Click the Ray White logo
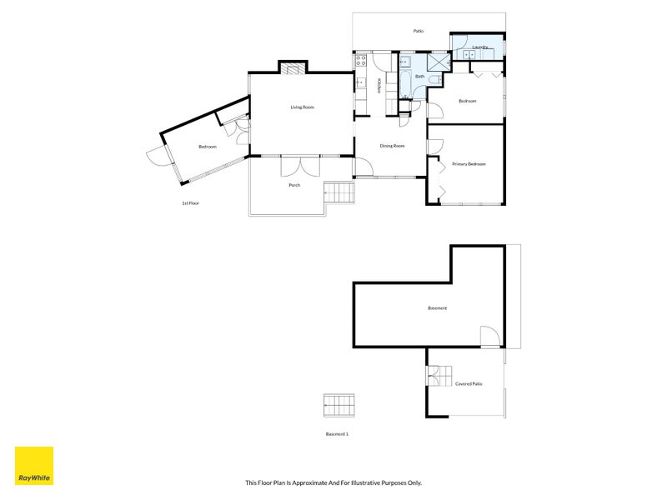click(34, 466)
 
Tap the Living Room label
click(303, 107)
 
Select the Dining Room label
click(392, 146)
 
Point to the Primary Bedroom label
click(469, 163)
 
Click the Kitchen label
click(378, 86)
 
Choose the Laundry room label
click(480, 47)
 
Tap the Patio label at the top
click(419, 31)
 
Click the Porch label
click(294, 185)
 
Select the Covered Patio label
click(469, 383)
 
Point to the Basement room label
click(437, 307)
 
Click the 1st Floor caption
click(191, 203)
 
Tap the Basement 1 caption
click(337, 434)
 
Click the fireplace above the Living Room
click(293, 69)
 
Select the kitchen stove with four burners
click(361, 60)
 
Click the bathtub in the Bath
click(405, 84)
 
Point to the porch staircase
click(339, 192)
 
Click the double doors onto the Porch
click(300, 166)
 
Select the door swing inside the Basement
click(490, 337)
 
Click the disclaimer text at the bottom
click(333, 482)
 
